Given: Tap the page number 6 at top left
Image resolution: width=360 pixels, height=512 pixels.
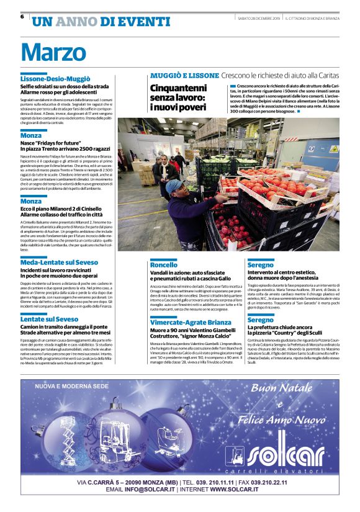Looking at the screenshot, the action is (x=22, y=17).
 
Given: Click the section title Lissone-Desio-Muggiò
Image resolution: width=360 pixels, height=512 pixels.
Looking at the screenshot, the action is (x=55, y=79).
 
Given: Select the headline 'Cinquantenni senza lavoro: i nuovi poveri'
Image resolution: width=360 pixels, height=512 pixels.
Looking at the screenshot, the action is (x=178, y=97).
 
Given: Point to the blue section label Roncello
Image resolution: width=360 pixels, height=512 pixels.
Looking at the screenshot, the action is (x=164, y=265).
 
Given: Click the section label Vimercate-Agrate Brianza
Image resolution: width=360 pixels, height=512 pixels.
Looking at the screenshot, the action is (x=191, y=322).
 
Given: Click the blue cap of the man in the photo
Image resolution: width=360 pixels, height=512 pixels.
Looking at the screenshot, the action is (x=173, y=184).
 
